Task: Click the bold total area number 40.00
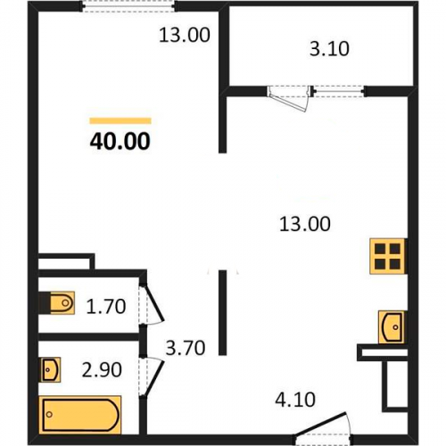click(120, 141)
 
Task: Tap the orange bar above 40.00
click(120, 120)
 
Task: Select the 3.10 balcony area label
click(329, 49)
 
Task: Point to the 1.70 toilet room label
click(106, 306)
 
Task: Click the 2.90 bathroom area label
click(102, 369)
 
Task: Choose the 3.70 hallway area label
click(186, 348)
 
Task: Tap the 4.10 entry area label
click(295, 400)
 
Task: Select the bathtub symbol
click(80, 415)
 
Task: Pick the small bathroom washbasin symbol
click(51, 369)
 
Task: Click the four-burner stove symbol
click(387, 256)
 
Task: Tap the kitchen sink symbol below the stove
click(392, 326)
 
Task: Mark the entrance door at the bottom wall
click(323, 427)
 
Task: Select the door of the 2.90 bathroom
click(151, 377)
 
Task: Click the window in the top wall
click(128, 6)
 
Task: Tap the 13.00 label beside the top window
click(185, 35)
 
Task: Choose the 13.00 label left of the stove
click(305, 224)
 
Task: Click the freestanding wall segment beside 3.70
click(222, 312)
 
